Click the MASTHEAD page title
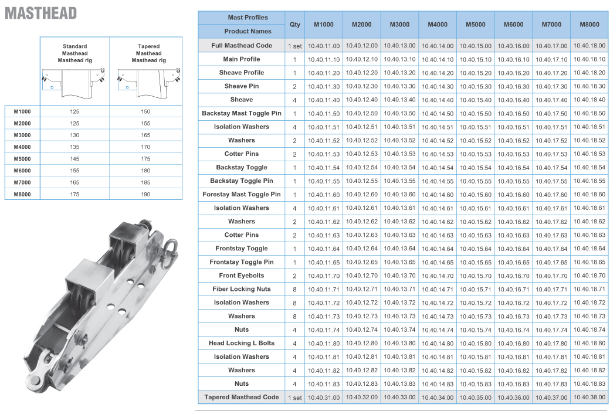click(x=40, y=12)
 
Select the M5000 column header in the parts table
click(x=475, y=25)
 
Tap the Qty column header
click(x=295, y=25)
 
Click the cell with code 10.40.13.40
click(x=399, y=100)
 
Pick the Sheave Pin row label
click(x=241, y=86)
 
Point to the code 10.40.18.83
click(x=589, y=384)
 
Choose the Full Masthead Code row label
click(x=242, y=46)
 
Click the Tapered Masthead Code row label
click(x=242, y=398)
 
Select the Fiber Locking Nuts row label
click(x=242, y=289)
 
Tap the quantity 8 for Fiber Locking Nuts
click(x=294, y=290)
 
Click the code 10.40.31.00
click(x=324, y=398)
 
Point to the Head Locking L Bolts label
click(x=242, y=343)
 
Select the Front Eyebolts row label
click(x=242, y=276)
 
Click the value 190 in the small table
click(x=145, y=194)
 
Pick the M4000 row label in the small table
click(x=22, y=147)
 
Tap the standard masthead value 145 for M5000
click(x=74, y=159)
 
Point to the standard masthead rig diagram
click(x=74, y=80)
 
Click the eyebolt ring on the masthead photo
click(x=172, y=244)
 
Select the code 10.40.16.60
click(x=514, y=195)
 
